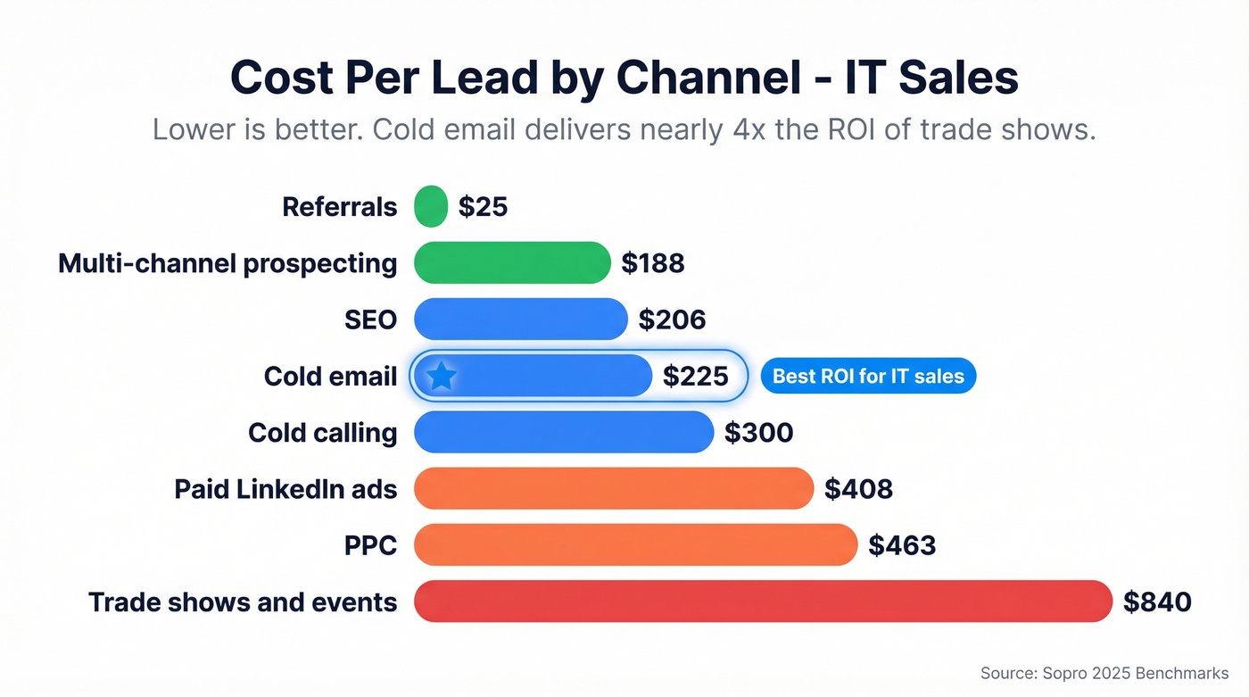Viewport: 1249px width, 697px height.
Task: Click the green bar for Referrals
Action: click(431, 206)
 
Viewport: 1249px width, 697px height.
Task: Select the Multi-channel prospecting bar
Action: click(512, 262)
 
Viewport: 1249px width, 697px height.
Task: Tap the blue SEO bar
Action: click(521, 319)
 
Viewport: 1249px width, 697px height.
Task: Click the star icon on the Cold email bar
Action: click(442, 376)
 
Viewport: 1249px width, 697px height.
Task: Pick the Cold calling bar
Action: click(564, 432)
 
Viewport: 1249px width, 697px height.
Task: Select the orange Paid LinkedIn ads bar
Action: click(614, 488)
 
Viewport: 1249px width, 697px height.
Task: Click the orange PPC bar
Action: click(635, 544)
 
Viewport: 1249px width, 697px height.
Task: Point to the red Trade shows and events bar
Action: click(763, 601)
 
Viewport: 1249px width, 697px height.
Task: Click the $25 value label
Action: click(483, 207)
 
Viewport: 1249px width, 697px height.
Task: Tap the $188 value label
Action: click(653, 263)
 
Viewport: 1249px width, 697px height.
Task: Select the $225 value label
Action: click(696, 377)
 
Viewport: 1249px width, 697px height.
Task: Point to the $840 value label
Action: click(1157, 602)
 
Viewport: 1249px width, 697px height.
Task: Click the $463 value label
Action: click(902, 545)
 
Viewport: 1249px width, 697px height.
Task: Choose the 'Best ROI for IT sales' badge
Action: click(868, 377)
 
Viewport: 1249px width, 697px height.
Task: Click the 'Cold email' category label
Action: click(330, 377)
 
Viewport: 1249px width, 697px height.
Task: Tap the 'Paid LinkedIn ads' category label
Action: click(285, 489)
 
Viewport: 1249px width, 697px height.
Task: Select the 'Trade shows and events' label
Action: click(243, 602)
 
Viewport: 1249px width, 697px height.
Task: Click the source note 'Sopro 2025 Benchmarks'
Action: click(1104, 673)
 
